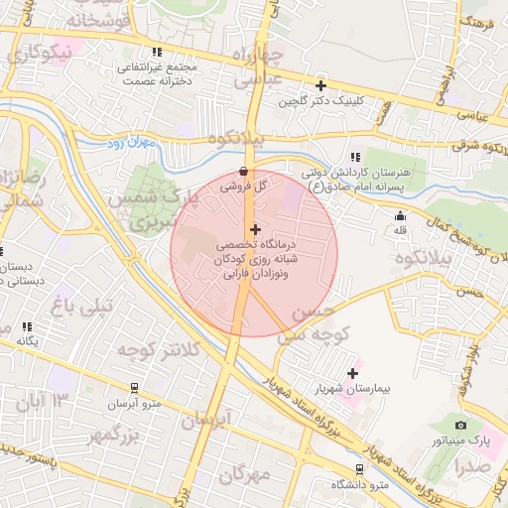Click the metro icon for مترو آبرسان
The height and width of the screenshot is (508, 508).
point(135,388)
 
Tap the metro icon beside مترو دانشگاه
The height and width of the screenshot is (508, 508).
point(358,469)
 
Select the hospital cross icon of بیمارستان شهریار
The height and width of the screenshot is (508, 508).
point(352,374)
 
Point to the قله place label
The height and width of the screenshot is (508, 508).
point(401,230)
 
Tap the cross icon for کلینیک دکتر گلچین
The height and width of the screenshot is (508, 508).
point(320,86)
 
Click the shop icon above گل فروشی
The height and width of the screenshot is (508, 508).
point(244,171)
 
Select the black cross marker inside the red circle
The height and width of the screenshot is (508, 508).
point(255,229)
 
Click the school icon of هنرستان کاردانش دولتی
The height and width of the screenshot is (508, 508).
point(353,157)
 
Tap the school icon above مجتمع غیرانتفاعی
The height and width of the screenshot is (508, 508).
point(156,52)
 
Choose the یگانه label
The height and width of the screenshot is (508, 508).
point(27,340)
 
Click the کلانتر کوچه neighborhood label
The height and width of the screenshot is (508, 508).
point(159,350)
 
